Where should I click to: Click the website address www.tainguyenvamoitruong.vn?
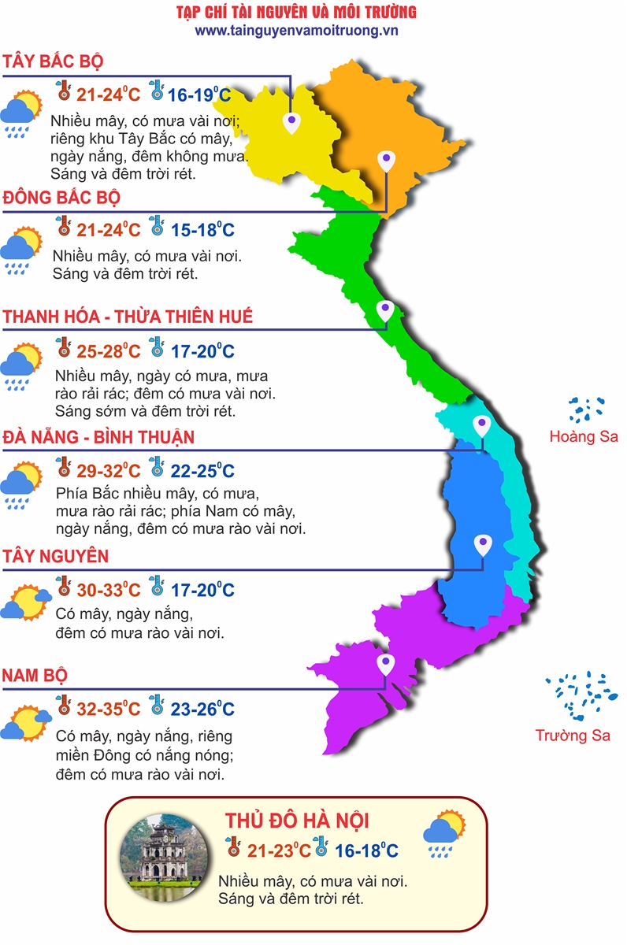pos(296,30)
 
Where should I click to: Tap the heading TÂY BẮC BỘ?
pos(53,61)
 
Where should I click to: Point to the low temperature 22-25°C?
pos(202,471)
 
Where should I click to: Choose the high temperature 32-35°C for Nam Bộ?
pos(109,709)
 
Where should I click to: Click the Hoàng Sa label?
pos(584,436)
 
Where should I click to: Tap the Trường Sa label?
pos(573,736)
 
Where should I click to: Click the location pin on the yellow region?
pos(292,121)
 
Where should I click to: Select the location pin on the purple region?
pos(385,664)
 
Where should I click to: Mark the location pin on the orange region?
pos(385,161)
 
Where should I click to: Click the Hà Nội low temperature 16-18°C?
pos(365,850)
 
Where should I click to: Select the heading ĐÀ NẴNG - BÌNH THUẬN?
pos(98,437)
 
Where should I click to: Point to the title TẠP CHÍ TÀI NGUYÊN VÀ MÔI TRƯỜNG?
pos(296,12)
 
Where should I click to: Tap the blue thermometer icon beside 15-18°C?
pos(157,228)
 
